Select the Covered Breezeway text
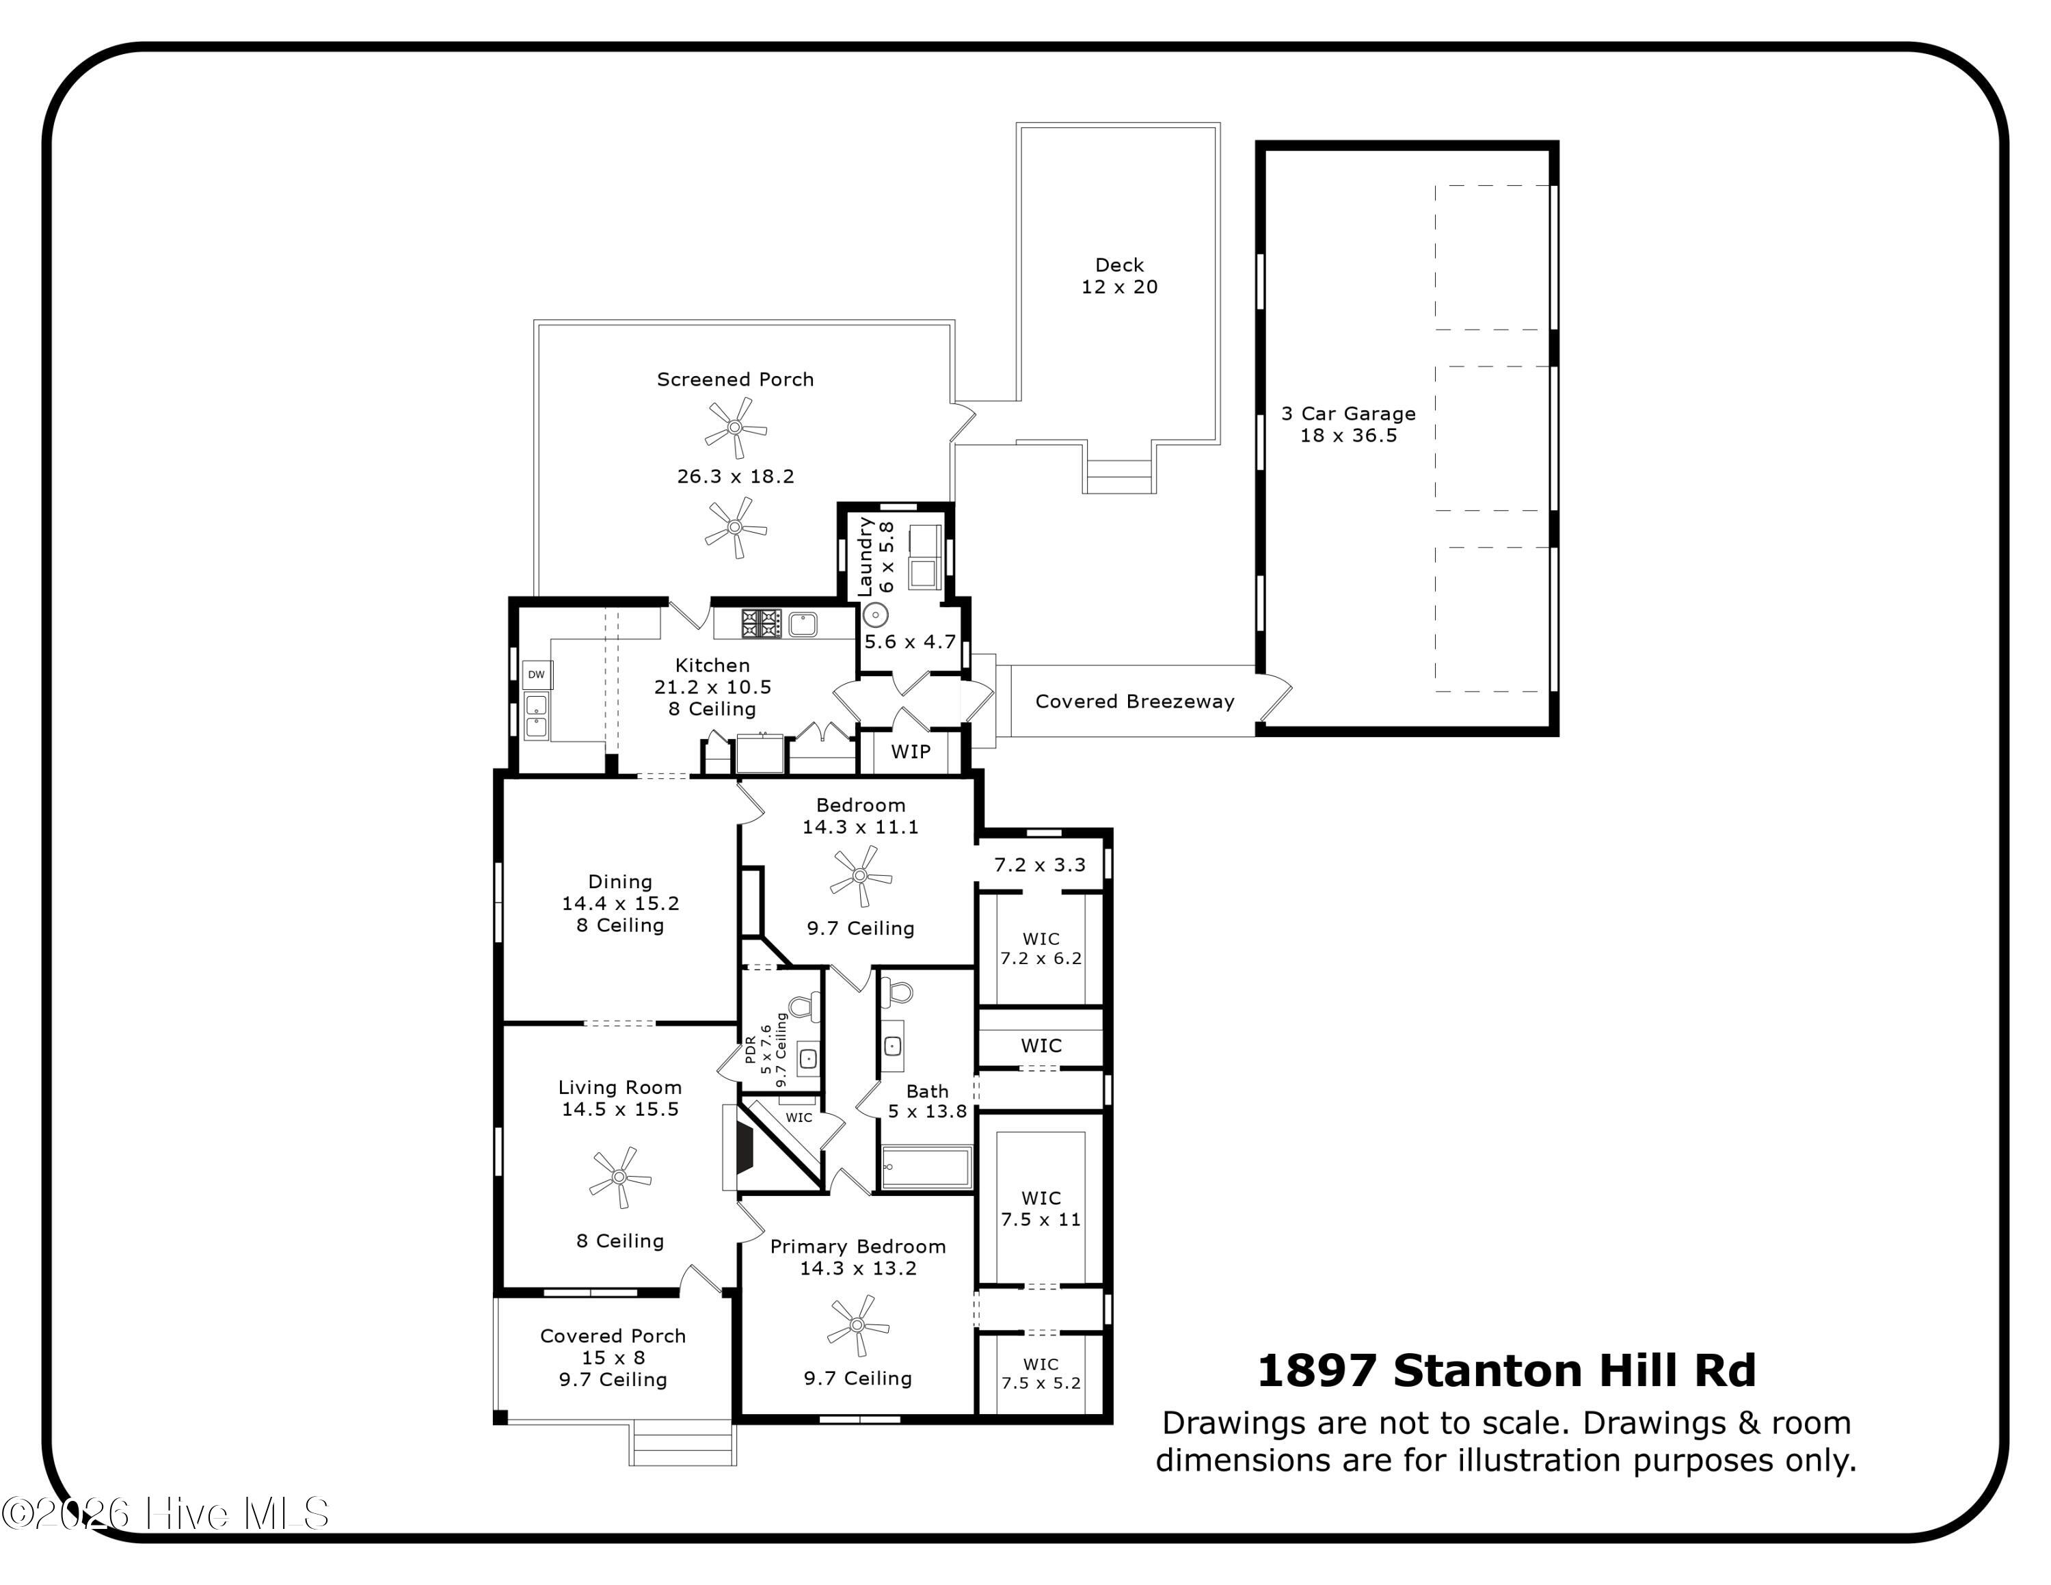(x=1134, y=702)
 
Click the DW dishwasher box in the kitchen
(x=536, y=674)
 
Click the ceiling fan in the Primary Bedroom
(x=857, y=1325)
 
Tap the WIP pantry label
(x=911, y=751)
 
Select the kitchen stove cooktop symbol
(x=762, y=624)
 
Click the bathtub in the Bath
(x=926, y=1168)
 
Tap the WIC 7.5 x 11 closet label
(x=1041, y=1208)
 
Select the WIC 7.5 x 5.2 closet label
(x=1041, y=1374)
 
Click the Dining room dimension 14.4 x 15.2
(x=620, y=903)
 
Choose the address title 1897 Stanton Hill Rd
(x=1506, y=1371)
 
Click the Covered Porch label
(x=613, y=1336)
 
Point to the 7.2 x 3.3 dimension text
(x=1040, y=865)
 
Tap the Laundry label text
(x=865, y=556)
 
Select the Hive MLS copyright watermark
(x=165, y=1514)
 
